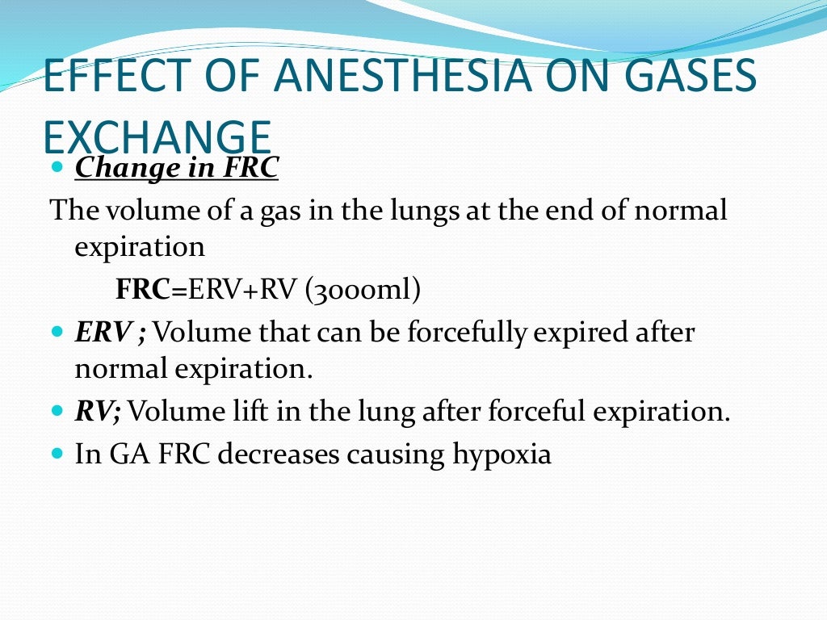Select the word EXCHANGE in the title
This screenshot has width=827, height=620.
click(x=156, y=137)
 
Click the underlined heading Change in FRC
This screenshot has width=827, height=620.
click(x=177, y=169)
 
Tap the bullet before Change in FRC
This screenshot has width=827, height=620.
click(x=56, y=169)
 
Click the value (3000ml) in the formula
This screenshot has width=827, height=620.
click(x=363, y=290)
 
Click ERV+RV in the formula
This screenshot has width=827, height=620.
click(x=243, y=290)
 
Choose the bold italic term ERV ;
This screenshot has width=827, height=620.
click(x=110, y=332)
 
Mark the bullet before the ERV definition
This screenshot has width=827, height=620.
click(x=56, y=332)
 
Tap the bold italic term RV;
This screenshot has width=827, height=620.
click(x=98, y=412)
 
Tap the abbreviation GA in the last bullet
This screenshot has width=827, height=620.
click(x=125, y=454)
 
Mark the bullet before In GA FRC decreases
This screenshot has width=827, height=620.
click(x=56, y=454)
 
